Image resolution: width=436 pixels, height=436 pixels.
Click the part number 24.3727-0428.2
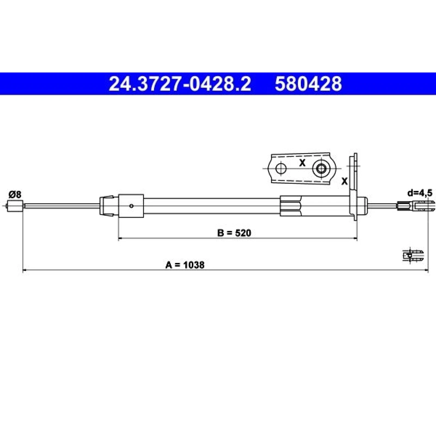180,84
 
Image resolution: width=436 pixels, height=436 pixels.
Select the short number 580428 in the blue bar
308,84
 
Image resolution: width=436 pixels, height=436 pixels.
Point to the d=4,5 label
420,193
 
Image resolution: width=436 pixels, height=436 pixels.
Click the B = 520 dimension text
234,233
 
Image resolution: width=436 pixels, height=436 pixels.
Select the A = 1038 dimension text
185,265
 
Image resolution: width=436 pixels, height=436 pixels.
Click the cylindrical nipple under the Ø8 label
15,206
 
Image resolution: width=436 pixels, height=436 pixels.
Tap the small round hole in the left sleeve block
131,206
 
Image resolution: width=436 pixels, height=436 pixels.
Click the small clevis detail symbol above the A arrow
413,255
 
